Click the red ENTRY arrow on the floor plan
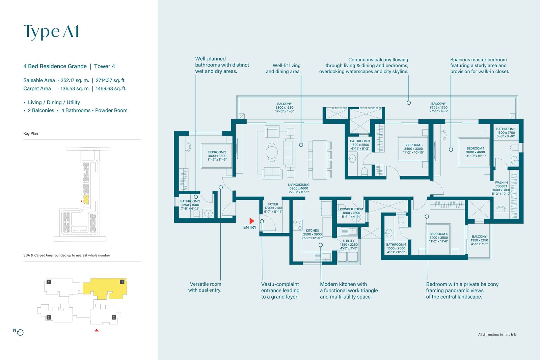tap(252, 221)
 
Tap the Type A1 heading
tap(51, 32)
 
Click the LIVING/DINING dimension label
tap(299, 188)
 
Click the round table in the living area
tap(272, 152)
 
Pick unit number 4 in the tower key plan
tap(49, 282)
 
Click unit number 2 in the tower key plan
tap(114, 317)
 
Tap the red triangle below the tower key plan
tap(97, 330)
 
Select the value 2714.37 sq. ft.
tap(111, 80)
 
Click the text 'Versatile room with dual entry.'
tap(205, 287)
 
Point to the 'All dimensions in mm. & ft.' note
tap(497, 334)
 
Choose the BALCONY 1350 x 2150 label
tap(479, 240)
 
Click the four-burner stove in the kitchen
tap(297, 225)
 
